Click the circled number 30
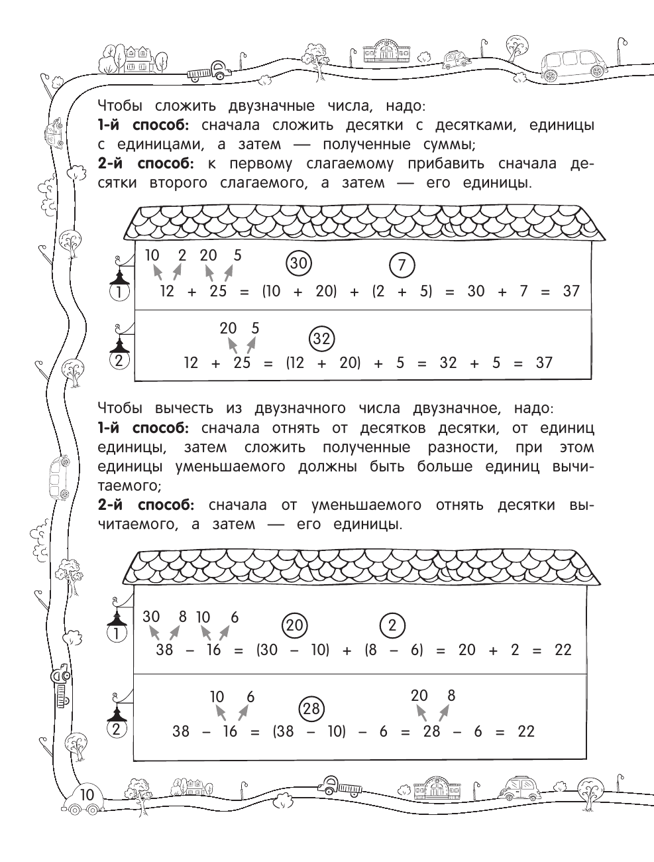pyautogui.click(x=299, y=264)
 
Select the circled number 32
pyautogui.click(x=321, y=339)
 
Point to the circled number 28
pyautogui.click(x=311, y=709)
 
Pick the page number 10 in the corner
pyautogui.click(x=87, y=795)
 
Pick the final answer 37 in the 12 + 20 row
pyautogui.click(x=544, y=363)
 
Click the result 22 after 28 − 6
pyautogui.click(x=525, y=731)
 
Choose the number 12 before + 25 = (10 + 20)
pyautogui.click(x=167, y=291)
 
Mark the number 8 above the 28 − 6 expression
pyautogui.click(x=451, y=696)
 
